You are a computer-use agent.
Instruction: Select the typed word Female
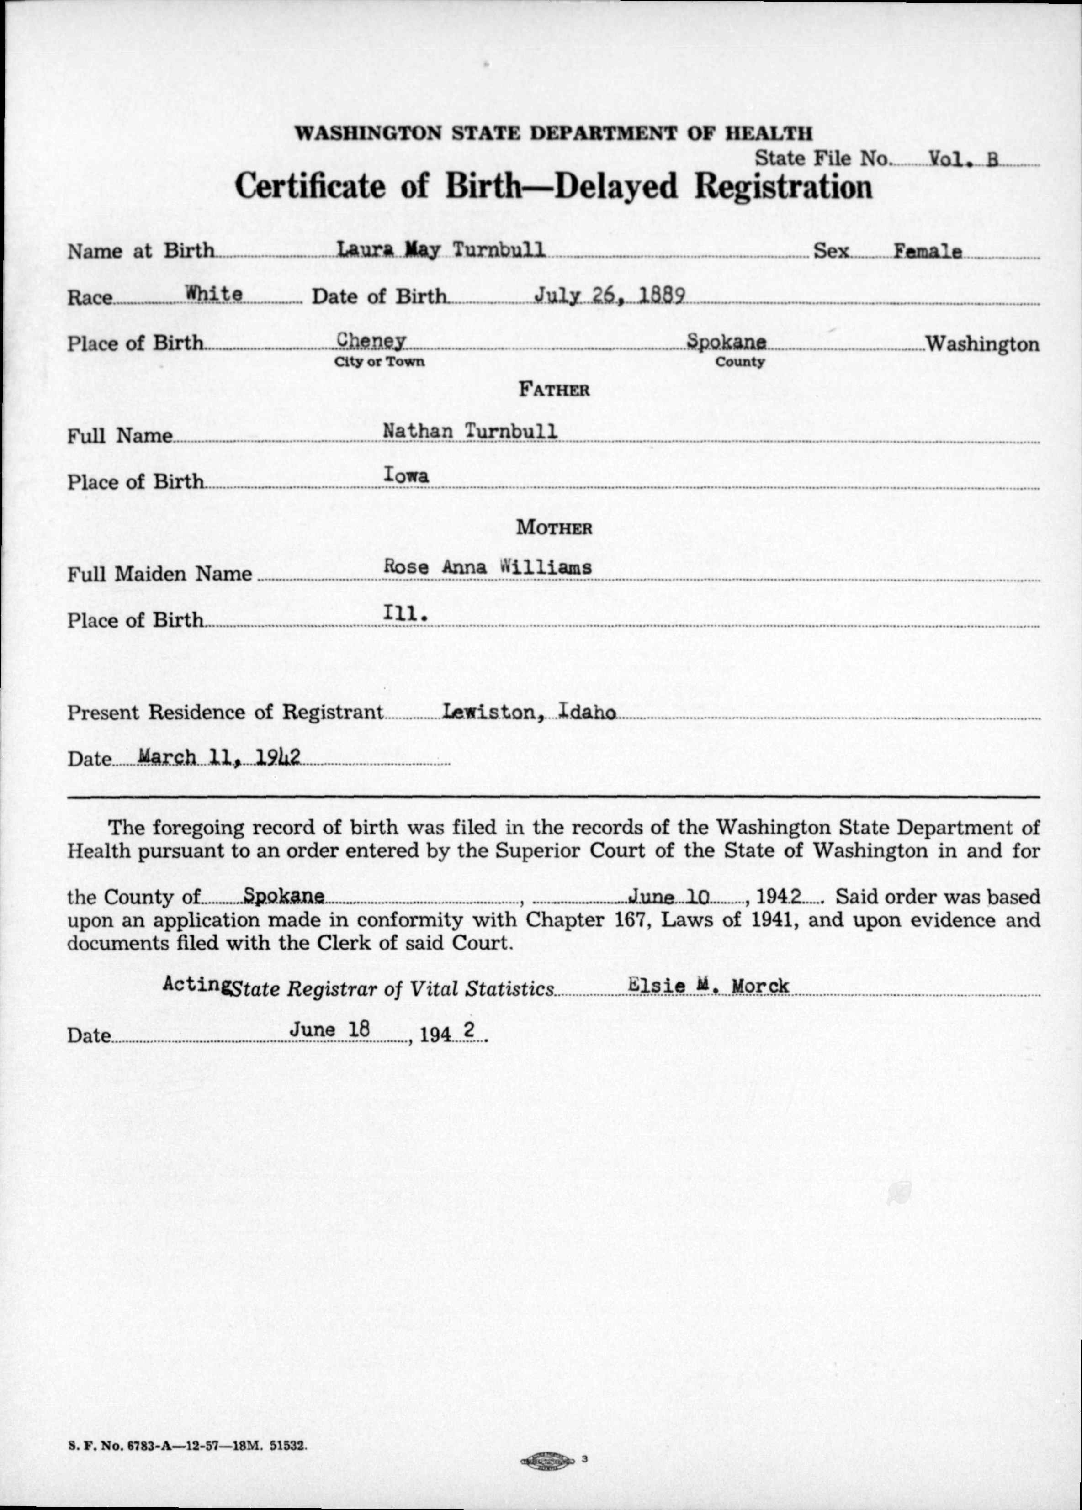click(928, 252)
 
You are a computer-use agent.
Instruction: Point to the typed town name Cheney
click(371, 340)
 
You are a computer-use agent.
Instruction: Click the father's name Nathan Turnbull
click(470, 432)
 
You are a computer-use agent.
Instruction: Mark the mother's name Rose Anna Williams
click(488, 567)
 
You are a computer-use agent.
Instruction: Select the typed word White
click(214, 293)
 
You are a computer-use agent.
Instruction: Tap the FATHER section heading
click(554, 390)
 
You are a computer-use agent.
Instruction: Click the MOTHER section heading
click(554, 528)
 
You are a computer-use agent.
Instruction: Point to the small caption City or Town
click(380, 362)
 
